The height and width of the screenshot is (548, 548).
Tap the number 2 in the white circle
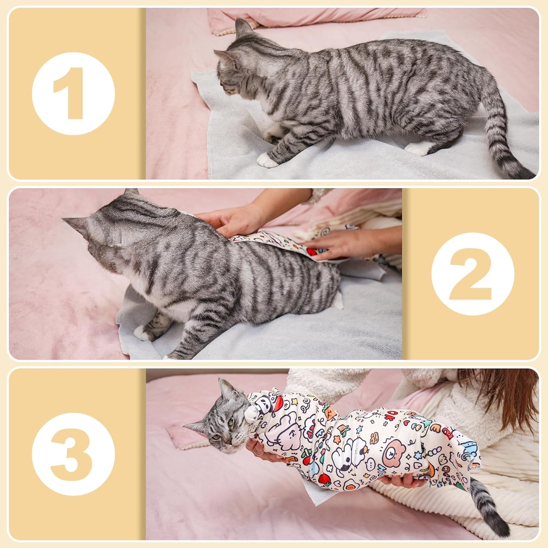click(x=473, y=274)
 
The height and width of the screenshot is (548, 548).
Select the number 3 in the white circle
click(x=73, y=454)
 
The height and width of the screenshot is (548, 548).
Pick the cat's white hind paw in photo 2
click(x=337, y=300)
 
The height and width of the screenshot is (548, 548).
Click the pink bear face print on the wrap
click(x=394, y=453)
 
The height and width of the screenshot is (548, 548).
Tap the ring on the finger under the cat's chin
click(x=257, y=452)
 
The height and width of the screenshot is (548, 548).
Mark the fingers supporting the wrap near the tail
click(x=402, y=481)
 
